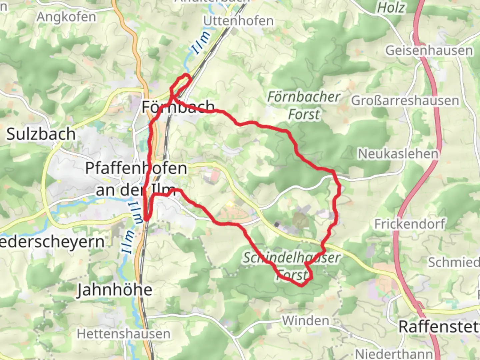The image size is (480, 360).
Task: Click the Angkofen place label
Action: click(x=66, y=17)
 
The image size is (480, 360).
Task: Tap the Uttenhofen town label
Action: click(x=238, y=21)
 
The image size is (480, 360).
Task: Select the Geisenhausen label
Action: click(x=429, y=51)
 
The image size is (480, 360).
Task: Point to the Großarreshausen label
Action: click(x=405, y=101)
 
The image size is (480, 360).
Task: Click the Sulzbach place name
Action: click(x=41, y=134)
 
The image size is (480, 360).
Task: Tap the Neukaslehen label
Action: click(x=398, y=154)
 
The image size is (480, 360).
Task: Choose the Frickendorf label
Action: click(x=410, y=224)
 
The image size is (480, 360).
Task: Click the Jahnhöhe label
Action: click(x=115, y=290)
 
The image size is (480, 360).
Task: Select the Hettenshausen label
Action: click(x=123, y=334)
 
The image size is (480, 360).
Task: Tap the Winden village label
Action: click(x=306, y=321)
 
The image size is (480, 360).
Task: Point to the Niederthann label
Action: click(x=394, y=354)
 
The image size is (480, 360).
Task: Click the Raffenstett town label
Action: click(x=439, y=327)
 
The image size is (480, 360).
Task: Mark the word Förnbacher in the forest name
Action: click(x=304, y=97)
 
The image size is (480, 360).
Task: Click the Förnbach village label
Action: click(x=178, y=107)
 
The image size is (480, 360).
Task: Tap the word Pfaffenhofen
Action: click(x=136, y=168)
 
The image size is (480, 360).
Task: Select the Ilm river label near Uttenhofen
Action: click(x=201, y=42)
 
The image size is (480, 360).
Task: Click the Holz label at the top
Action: click(x=391, y=7)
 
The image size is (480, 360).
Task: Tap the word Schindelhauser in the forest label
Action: click(x=291, y=258)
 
